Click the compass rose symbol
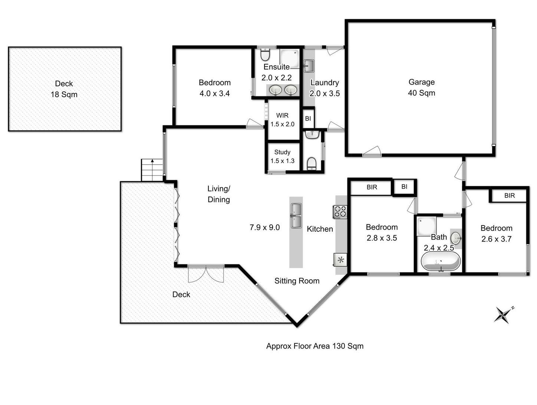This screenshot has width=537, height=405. (503, 315)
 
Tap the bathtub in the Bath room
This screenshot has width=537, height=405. (441, 262)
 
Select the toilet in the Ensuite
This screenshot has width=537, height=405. (265, 56)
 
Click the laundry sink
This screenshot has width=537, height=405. (309, 66)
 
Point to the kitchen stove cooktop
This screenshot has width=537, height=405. (340, 211)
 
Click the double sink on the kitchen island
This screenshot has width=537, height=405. (296, 215)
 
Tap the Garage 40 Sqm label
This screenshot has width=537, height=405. (421, 88)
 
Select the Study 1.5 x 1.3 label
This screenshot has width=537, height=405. (282, 156)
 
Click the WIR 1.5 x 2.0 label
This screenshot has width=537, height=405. (282, 120)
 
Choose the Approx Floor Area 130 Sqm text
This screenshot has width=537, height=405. (314, 346)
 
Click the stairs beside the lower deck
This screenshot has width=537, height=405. (152, 170)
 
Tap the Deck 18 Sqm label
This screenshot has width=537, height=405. (64, 89)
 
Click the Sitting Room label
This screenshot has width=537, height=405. (297, 281)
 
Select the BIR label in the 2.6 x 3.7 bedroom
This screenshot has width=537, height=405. (509, 195)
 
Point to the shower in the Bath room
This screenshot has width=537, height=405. (426, 226)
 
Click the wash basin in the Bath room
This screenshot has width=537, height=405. (456, 238)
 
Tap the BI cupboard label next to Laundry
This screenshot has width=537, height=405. (308, 119)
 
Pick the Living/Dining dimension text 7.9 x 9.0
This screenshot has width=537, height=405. (264, 227)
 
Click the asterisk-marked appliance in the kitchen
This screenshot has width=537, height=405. (340, 260)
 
